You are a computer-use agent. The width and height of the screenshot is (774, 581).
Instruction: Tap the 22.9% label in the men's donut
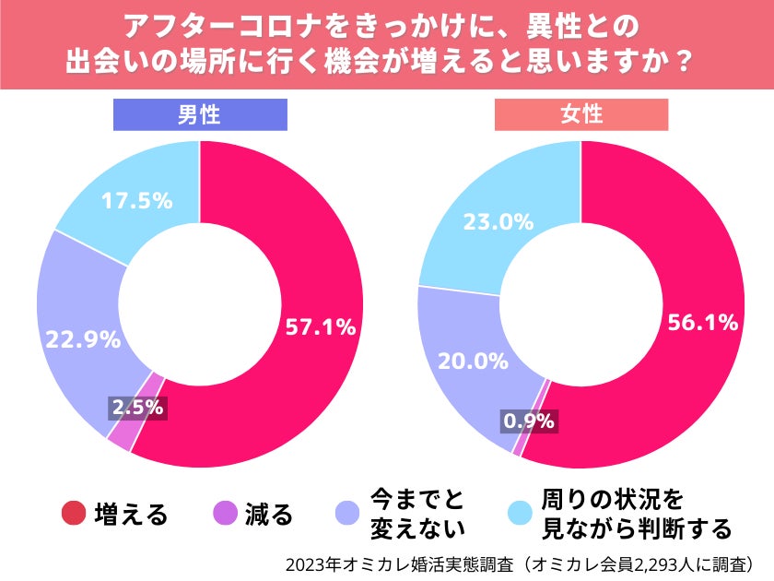click(85, 338)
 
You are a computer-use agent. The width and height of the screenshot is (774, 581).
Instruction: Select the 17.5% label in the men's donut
click(136, 200)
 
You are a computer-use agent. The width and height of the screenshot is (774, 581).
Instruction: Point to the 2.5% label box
click(136, 406)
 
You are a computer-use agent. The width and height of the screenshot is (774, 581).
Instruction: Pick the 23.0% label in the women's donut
click(498, 221)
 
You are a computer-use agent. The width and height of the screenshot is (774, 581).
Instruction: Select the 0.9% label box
click(528, 421)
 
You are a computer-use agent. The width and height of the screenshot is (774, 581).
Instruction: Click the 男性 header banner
click(200, 114)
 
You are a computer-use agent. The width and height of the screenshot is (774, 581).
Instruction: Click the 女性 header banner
click(581, 114)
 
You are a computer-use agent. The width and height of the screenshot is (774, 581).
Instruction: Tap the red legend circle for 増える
click(74, 514)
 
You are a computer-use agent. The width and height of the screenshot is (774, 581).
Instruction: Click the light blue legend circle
click(522, 514)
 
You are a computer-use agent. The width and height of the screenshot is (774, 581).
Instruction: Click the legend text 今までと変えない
click(417, 514)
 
